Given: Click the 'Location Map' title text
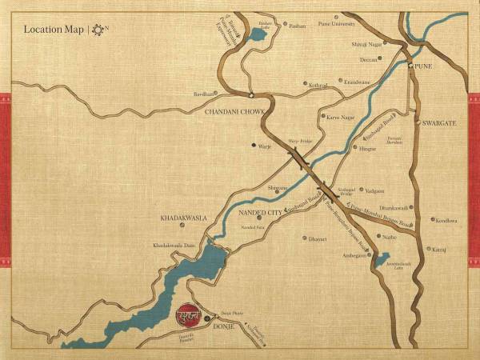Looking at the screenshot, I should pos(54,30).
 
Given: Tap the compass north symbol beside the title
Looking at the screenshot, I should pos(98,30).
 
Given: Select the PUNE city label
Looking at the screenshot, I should pos(423,66).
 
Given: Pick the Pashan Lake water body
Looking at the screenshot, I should pos(259,34).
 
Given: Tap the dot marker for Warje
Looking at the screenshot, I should pos(254,146).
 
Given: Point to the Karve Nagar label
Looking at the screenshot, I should pos(342,117).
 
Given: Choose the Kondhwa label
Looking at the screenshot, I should pos(446,220).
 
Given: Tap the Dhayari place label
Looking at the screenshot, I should pos(319,238).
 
